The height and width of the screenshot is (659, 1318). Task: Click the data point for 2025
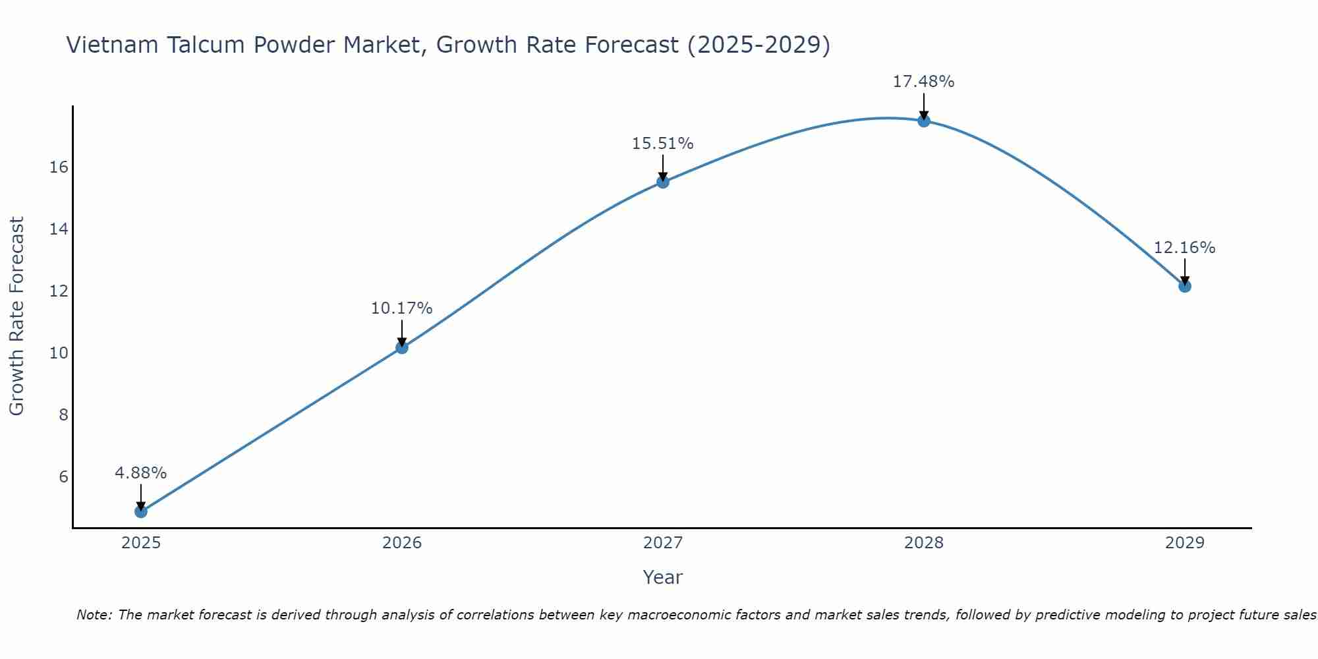[x=141, y=511]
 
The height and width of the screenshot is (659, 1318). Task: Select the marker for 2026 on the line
[x=402, y=347]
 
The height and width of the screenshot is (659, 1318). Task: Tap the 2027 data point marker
[x=663, y=182]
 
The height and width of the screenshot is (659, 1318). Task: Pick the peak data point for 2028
[x=924, y=121]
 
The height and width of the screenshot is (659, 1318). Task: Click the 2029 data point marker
[x=1185, y=286]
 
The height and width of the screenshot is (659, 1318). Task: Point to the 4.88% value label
[x=141, y=473]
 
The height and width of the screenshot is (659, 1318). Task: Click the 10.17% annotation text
[x=402, y=308]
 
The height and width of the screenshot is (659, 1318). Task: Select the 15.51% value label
[x=663, y=144]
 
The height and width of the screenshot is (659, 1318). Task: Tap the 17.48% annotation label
[x=924, y=82]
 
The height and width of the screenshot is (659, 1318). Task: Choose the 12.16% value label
[x=1185, y=248]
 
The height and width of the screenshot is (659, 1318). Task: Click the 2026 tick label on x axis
[x=402, y=543]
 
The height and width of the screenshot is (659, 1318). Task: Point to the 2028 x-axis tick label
[x=924, y=543]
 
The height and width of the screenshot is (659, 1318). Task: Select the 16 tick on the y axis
[x=59, y=167]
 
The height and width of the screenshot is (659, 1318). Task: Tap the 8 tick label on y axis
[x=63, y=415]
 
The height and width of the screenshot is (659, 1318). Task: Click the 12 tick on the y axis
[x=59, y=291]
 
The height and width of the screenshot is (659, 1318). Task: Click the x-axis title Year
[x=663, y=577]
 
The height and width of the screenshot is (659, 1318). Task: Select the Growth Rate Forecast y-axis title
[x=17, y=316]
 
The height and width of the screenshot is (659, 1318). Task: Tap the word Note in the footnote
[x=94, y=615]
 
